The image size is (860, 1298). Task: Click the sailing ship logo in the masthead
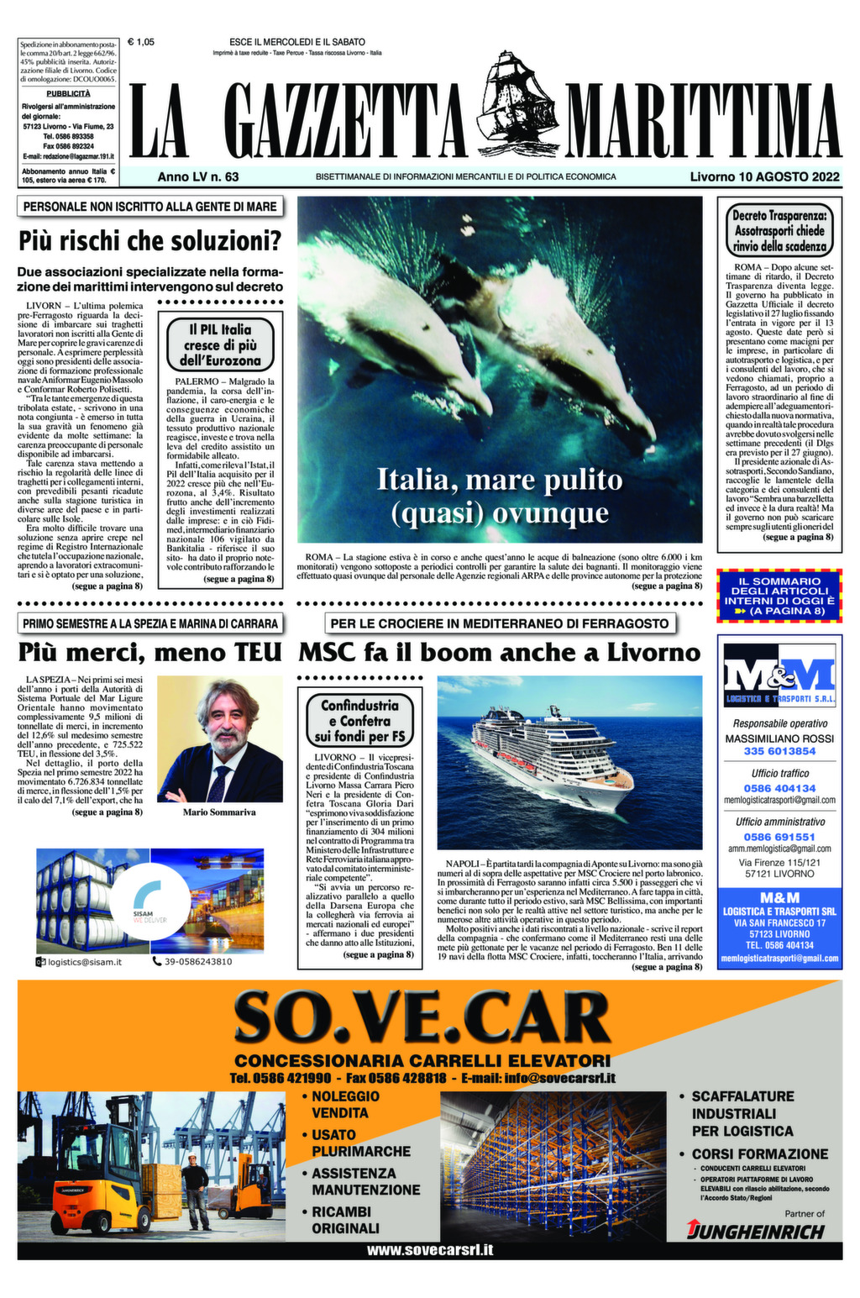[518, 98]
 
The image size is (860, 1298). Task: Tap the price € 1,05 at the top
[140, 41]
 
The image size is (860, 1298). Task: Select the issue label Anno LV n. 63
[198, 177]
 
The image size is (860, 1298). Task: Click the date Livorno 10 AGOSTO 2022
[764, 177]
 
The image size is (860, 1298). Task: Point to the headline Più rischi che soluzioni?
[149, 242]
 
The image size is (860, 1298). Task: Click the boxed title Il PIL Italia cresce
[220, 345]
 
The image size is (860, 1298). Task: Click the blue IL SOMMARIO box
[779, 596]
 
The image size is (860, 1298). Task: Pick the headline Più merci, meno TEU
[149, 653]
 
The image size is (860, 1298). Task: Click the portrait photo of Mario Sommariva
[220, 738]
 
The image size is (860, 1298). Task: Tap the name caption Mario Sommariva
[219, 812]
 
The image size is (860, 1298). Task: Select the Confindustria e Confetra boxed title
[359, 721]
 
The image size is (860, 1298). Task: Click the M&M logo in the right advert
[779, 675]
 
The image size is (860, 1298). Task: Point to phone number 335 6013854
[779, 751]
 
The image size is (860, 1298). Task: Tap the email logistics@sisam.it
[84, 961]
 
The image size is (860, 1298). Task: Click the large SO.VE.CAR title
[422, 1017]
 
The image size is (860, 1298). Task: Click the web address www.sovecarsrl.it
[429, 1250]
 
